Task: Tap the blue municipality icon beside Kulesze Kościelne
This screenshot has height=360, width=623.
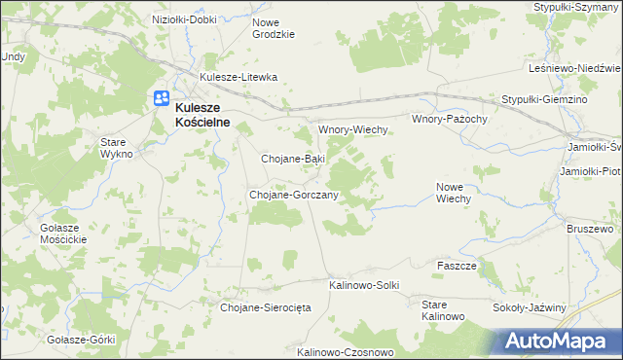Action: [161, 98]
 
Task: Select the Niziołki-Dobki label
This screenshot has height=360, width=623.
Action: [185, 18]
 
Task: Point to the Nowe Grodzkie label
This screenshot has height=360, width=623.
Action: [273, 27]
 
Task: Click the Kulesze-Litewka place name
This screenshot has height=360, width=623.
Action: [238, 77]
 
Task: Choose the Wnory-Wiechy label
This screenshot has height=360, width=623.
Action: [354, 129]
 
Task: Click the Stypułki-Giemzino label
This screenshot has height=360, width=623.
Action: [546, 100]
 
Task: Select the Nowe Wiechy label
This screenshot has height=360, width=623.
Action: [454, 192]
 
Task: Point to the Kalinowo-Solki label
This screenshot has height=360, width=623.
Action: [365, 285]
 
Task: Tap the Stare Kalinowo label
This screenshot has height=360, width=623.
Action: [443, 310]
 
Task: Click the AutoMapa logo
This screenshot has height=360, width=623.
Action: [563, 342]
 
